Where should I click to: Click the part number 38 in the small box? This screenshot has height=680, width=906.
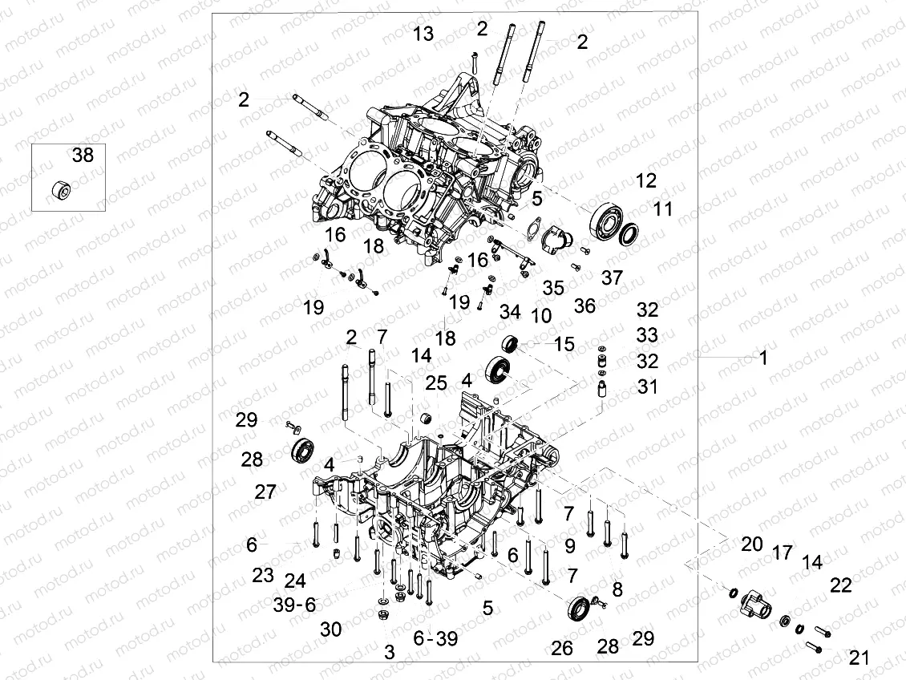tap(83, 156)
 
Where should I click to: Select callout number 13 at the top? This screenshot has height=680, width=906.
tap(423, 34)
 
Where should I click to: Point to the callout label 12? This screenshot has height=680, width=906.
tap(645, 180)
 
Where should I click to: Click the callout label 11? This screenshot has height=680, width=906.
tap(661, 209)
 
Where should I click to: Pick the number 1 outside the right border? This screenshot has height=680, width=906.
tap(762, 358)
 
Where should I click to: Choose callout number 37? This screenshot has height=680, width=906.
tap(612, 277)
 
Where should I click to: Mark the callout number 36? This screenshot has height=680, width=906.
tap(584, 306)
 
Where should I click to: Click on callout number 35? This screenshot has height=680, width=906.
tap(553, 287)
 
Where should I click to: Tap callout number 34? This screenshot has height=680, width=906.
tap(510, 310)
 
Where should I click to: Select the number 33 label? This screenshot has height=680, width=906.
tap(647, 334)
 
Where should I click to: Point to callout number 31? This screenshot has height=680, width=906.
tap(647, 387)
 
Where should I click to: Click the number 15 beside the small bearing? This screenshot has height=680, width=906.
tap(564, 344)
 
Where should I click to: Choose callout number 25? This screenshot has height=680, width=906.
tap(436, 383)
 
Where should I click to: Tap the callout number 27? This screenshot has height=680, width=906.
tap(265, 492)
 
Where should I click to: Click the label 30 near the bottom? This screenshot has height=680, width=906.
tap(331, 629)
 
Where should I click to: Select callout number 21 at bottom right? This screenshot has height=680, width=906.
tap(859, 658)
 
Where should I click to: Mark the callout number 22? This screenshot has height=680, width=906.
tap(840, 586)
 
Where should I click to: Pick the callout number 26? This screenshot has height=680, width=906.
tap(562, 648)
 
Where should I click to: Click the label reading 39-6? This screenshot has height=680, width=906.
tap(294, 605)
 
